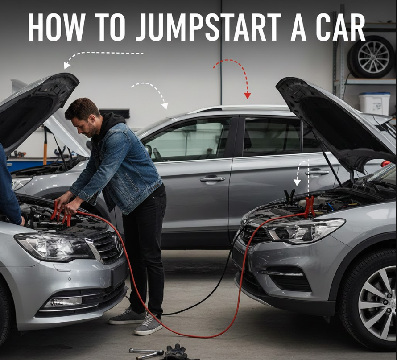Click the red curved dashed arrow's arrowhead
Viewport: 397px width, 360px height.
pyautogui.click(x=247, y=95)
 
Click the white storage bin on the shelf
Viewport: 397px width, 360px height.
pyautogui.click(x=374, y=103)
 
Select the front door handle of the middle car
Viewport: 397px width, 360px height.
pyautogui.click(x=212, y=179)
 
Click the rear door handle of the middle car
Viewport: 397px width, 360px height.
pyautogui.click(x=317, y=172)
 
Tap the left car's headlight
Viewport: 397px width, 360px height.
pyautogui.click(x=54, y=246)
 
